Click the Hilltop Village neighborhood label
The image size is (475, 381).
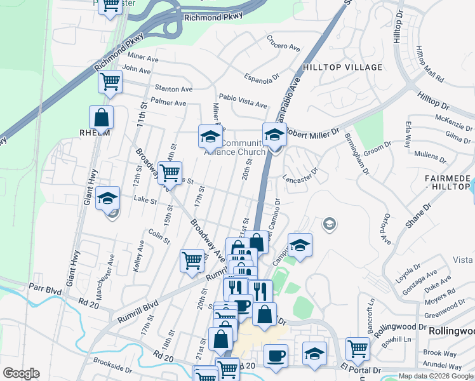343,67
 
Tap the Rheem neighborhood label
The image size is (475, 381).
95,133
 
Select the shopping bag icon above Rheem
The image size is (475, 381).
102,117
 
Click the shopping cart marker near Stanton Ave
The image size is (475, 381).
110,82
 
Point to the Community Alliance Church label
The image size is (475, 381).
234,147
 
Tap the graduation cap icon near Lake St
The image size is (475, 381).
108,199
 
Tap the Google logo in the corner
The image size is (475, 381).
21,373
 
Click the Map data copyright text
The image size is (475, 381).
436,376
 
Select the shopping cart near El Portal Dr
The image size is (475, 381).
358,349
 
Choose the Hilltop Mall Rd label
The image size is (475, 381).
429,63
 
